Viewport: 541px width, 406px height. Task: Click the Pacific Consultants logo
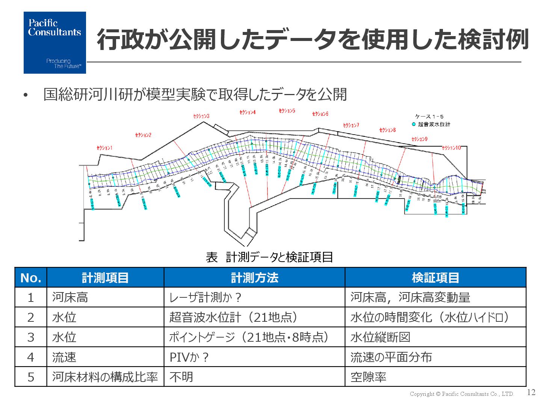[54, 42]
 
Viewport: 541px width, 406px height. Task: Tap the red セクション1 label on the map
[104, 148]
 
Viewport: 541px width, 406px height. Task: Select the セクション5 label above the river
[287, 111]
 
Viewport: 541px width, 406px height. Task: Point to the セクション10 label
[451, 148]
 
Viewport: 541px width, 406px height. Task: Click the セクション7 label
[351, 125]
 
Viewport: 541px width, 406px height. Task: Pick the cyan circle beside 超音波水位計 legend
[414, 124]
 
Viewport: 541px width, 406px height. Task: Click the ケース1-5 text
[429, 117]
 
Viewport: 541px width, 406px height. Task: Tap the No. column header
[31, 278]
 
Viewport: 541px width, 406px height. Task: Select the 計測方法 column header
[254, 278]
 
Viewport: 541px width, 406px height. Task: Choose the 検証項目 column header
[435, 278]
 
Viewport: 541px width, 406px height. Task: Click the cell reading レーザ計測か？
[205, 297]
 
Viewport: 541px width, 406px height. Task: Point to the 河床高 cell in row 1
[70, 297]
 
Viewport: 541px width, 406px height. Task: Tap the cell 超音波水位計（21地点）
[233, 317]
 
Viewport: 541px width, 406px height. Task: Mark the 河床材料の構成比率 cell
[105, 377]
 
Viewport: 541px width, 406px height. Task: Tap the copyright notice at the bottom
[461, 394]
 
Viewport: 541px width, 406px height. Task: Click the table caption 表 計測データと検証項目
[269, 257]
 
